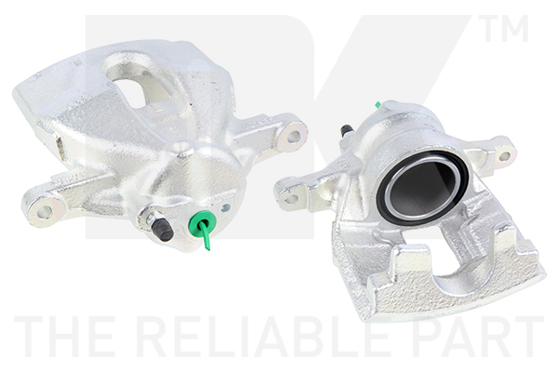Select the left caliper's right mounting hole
click(x=293, y=136)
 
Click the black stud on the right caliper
click(x=347, y=130)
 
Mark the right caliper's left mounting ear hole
click(x=291, y=196)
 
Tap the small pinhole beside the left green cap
click(x=224, y=209)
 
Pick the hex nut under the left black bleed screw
click(x=150, y=220)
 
